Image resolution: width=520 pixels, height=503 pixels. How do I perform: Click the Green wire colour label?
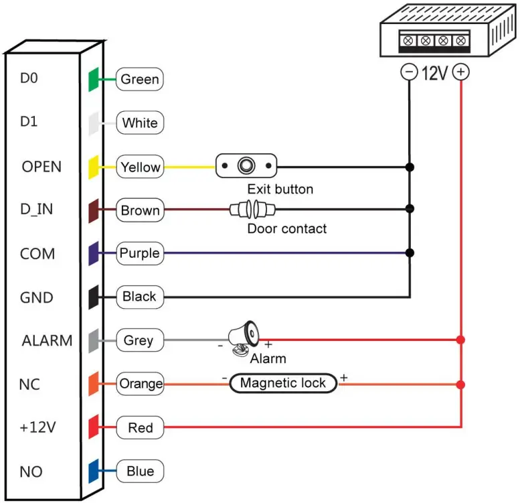point(140,79)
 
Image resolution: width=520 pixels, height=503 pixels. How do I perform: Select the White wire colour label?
point(140,123)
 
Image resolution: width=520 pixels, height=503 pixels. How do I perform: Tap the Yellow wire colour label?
point(140,167)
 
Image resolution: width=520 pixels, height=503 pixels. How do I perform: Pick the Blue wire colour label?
point(140,472)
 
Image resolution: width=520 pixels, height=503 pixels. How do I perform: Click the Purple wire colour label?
point(139,253)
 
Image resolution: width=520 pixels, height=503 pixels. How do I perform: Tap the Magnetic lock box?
point(282,383)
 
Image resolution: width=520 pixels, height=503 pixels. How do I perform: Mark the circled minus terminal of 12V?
point(408,72)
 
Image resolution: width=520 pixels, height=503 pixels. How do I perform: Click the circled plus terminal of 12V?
point(460,72)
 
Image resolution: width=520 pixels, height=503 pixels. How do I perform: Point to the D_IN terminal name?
point(37,210)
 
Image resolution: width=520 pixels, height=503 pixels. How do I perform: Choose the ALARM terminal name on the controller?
point(46,340)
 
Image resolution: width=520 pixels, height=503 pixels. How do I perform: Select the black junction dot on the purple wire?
point(410,253)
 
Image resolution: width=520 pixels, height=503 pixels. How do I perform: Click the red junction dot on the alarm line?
point(460,340)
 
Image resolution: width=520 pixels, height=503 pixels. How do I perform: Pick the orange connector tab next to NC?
point(94,384)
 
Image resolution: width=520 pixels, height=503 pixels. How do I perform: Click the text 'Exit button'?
point(280,189)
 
